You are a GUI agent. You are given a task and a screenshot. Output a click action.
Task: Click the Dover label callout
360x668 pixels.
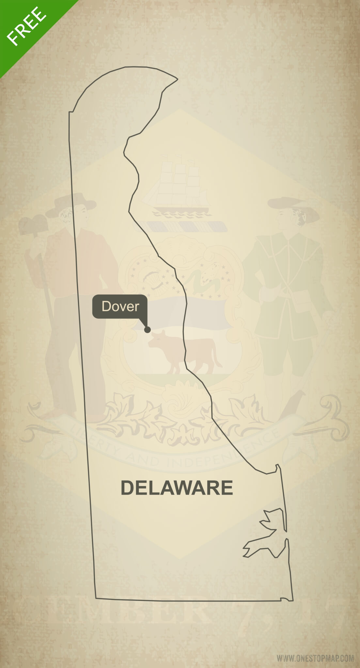click(x=120, y=306)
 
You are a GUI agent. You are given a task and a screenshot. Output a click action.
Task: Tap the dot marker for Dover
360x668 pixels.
click(x=147, y=330)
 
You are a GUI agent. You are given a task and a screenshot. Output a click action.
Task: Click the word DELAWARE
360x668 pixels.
click(x=177, y=488)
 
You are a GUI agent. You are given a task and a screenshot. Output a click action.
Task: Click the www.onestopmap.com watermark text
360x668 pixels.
click(x=315, y=658)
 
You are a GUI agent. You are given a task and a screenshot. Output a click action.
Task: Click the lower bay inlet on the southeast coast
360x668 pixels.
click(x=261, y=548)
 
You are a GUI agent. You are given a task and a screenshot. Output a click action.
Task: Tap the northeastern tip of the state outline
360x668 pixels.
click(x=177, y=79)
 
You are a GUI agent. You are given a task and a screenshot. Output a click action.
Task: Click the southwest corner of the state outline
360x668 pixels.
click(x=96, y=598)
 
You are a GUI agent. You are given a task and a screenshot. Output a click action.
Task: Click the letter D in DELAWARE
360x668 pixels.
click(x=128, y=488)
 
